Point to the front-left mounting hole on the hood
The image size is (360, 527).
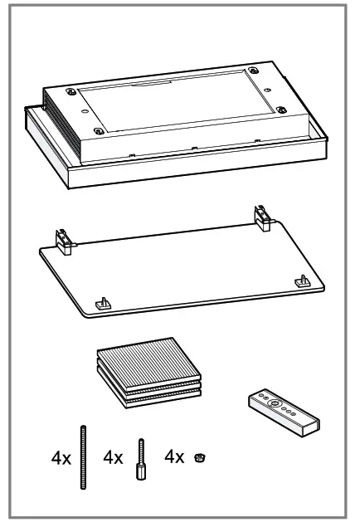100,130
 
